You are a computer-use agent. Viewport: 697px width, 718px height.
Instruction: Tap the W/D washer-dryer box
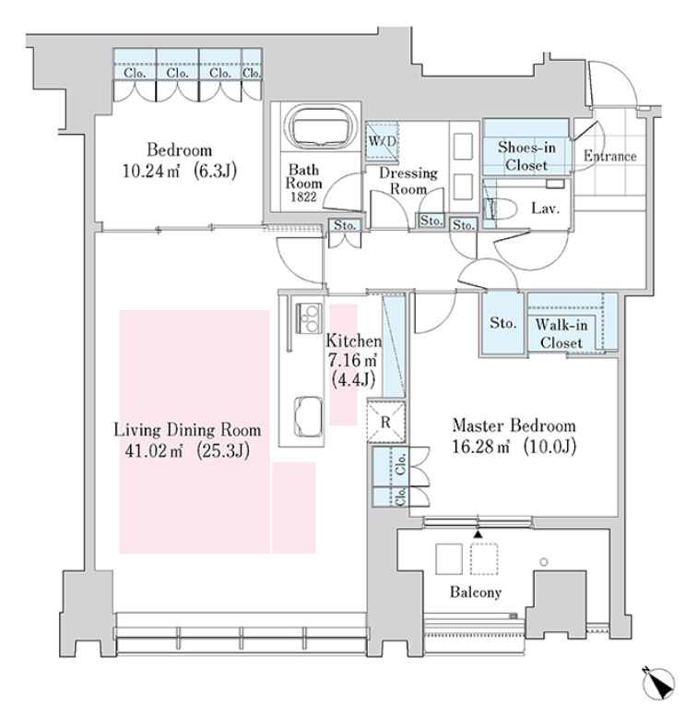[382, 141]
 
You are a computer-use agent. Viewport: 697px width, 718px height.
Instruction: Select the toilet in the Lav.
[501, 209]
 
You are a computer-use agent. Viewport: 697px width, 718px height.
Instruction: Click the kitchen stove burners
[309, 317]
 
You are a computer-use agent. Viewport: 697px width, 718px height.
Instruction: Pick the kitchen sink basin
[309, 417]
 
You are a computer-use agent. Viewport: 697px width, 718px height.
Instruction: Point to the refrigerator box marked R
[386, 422]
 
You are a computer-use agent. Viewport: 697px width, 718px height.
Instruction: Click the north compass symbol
[658, 683]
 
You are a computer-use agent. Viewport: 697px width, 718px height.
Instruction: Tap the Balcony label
[476, 592]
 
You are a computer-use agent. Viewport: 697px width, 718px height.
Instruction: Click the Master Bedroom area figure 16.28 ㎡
[480, 446]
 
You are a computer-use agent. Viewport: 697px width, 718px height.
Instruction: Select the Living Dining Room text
[187, 430]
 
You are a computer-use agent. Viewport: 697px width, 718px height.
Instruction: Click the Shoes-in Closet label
[526, 156]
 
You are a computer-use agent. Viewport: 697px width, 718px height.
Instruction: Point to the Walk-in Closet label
[561, 334]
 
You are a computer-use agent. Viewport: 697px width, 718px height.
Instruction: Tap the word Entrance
[610, 156]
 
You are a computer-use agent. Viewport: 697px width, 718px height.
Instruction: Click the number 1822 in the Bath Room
[303, 197]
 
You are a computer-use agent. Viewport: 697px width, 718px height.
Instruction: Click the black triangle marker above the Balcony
[478, 534]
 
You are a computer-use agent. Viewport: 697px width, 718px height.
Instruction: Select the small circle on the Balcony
[544, 562]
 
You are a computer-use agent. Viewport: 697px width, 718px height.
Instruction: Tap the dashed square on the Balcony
[484, 558]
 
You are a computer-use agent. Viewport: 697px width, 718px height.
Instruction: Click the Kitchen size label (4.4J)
[353, 379]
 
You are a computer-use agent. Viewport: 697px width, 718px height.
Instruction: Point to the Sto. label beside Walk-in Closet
[503, 323]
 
